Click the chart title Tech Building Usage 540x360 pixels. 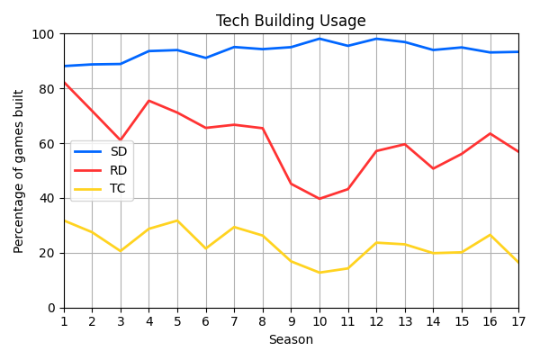coord(291,22)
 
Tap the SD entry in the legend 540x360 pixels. coord(118,152)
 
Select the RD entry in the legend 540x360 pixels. coord(118,170)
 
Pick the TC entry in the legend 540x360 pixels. coord(118,188)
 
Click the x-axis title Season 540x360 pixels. coord(291,340)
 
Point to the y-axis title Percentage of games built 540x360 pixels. coord(19,171)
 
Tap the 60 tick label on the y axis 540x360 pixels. coord(47,144)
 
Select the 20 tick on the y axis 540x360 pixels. coord(47,253)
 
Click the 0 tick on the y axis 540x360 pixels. coord(50,308)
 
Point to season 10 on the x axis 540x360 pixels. coord(319,321)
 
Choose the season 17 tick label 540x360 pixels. coord(518,321)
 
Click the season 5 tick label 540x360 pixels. coord(177,321)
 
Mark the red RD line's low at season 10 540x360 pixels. coord(319,199)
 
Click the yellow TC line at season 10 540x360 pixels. coord(319,273)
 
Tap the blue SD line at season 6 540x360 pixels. coord(206,58)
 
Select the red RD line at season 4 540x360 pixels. coord(149,101)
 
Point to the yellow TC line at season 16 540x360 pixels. coord(490,235)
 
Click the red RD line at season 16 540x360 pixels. coord(490,134)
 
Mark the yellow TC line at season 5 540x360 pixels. coord(177,220)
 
